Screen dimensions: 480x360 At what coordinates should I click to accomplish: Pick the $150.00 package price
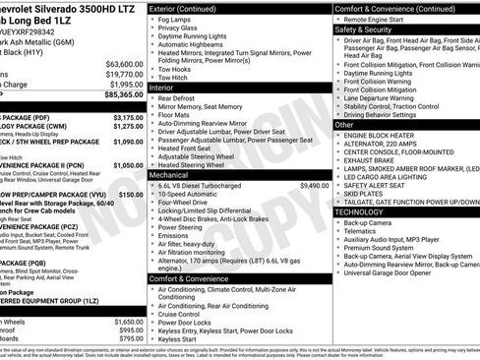coord(131,196)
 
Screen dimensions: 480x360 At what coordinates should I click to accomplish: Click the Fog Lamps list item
coord(176,19)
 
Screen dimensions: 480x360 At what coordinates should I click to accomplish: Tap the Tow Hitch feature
coord(176,76)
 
